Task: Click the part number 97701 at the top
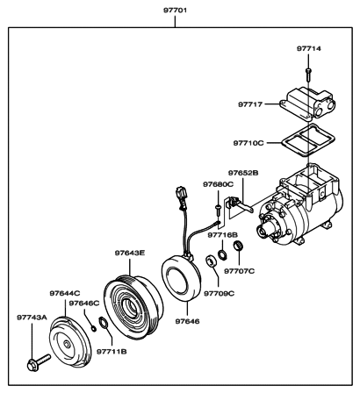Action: pos(176,11)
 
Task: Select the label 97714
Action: pos(308,48)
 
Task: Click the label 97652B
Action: pos(244,174)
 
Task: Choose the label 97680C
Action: pos(217,185)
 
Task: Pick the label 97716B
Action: pos(223,236)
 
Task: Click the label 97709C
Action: pos(220,294)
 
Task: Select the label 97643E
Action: pos(129,253)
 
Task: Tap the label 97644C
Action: pos(65,292)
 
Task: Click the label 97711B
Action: pos(112,351)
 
